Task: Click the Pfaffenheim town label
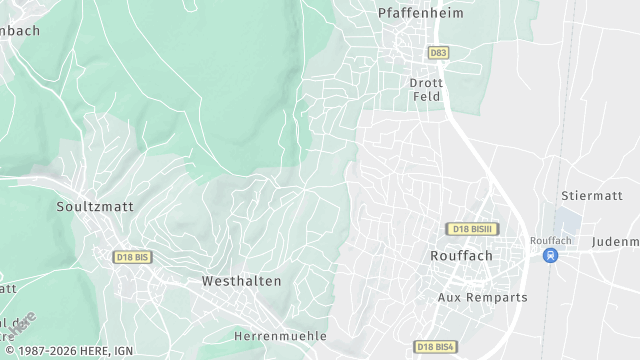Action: tap(418, 13)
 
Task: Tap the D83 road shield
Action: tap(437, 52)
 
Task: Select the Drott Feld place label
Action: tap(427, 90)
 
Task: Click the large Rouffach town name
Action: tap(460, 256)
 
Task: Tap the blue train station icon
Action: tap(549, 255)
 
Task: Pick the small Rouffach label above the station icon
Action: tap(549, 240)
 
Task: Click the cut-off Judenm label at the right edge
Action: tap(615, 242)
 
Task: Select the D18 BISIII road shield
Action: tap(473, 229)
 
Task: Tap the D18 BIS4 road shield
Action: tap(435, 346)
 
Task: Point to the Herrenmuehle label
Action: tap(280, 336)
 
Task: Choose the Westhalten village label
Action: tap(241, 281)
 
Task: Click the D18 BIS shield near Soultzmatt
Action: tap(131, 257)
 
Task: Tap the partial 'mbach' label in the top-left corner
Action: tap(20, 31)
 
